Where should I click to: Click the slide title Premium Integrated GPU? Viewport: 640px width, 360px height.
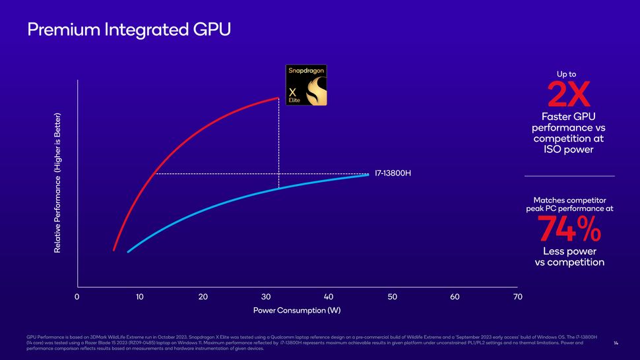coord(129,30)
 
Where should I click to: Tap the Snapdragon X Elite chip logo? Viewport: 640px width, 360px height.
coord(305,85)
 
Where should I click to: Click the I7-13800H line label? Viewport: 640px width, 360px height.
coord(393,174)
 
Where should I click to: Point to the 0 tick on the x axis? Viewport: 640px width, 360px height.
coord(77,297)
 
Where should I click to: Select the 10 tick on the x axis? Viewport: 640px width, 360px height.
coord(140,297)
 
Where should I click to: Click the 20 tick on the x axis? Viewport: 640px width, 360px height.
coord(203,297)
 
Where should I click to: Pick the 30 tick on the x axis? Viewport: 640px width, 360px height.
coord(266,297)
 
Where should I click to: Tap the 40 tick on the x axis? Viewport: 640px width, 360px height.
coord(329,297)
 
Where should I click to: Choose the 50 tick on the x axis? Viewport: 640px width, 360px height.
coord(392,297)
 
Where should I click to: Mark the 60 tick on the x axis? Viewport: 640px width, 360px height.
coord(455,297)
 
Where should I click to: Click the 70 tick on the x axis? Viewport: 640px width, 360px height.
coord(517,297)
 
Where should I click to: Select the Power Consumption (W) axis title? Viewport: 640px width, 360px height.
coord(297,311)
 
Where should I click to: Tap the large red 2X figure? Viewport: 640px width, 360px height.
coord(569,96)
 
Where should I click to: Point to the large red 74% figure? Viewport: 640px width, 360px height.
coord(569,229)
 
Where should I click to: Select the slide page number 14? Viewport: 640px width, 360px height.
coord(616,344)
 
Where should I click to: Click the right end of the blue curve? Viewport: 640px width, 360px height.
coord(368,175)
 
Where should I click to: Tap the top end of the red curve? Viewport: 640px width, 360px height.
coord(278,98)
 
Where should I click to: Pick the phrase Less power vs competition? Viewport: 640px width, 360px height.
coord(569,257)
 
